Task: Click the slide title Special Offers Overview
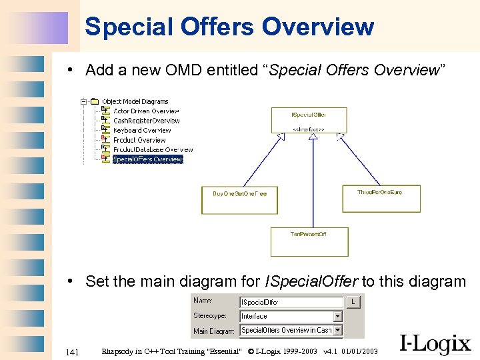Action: [x=229, y=27]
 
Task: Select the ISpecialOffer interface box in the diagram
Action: [x=309, y=120]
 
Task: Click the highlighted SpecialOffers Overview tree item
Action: [x=147, y=159]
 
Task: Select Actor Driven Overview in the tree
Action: [x=146, y=111]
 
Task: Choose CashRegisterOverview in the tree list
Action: [x=146, y=121]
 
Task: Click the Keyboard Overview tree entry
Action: [x=142, y=131]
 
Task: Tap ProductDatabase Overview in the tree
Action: [x=153, y=150]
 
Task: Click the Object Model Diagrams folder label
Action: [x=135, y=101]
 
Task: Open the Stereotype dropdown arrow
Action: [x=338, y=317]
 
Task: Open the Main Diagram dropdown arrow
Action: [x=338, y=330]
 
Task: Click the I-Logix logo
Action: [x=435, y=343]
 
